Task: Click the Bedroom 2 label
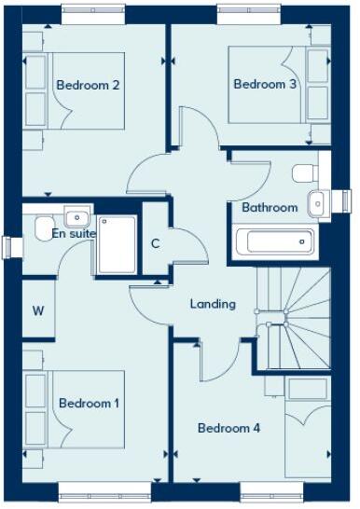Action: click(x=89, y=85)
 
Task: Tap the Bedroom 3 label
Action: click(x=265, y=84)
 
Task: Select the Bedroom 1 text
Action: click(x=90, y=403)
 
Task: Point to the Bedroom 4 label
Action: click(x=228, y=428)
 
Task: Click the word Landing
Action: click(x=213, y=304)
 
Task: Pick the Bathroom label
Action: click(x=270, y=207)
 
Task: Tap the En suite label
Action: click(x=74, y=234)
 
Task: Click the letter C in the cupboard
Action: click(x=156, y=245)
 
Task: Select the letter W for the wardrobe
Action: click(x=38, y=310)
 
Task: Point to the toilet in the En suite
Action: click(x=42, y=228)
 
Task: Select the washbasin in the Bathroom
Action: click(x=316, y=202)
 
